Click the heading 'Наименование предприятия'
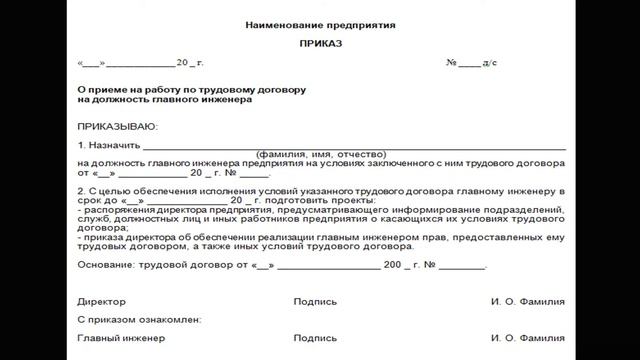click(319, 23)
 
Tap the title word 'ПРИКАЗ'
click(319, 45)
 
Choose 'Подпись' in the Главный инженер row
click(315, 338)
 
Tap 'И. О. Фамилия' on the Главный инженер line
click(528, 338)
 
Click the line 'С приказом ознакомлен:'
click(139, 319)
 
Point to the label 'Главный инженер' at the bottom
click(121, 338)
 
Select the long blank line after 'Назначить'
click(350, 146)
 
